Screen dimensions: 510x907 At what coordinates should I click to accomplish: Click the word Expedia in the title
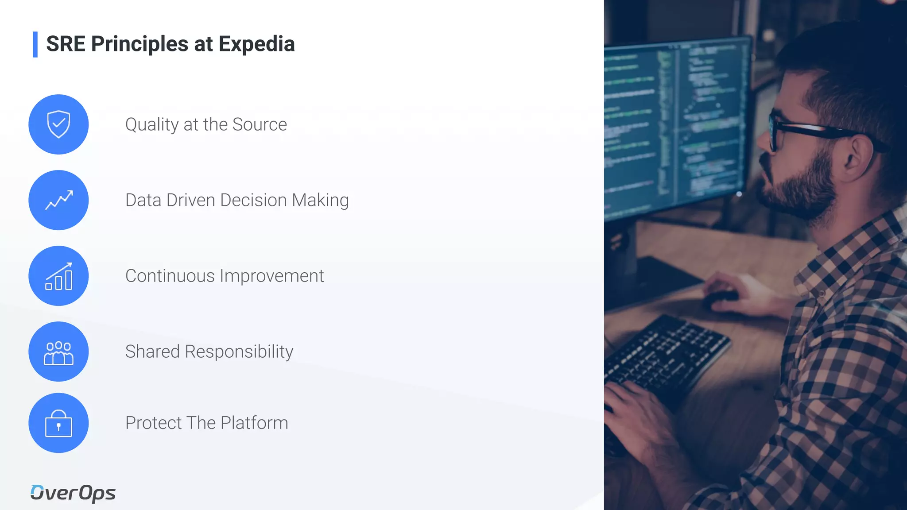256,44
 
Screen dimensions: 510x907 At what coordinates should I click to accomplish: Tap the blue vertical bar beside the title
35,44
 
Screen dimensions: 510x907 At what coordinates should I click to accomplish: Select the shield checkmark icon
58,124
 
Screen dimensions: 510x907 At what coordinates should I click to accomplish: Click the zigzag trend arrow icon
58,200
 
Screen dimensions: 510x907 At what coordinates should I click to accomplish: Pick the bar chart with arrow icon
58,276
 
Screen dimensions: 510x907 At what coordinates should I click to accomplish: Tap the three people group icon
58,352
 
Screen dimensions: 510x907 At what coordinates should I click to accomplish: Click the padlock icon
58,424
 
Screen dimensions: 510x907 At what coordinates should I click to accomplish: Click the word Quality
151,125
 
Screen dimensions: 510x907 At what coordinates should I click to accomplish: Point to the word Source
260,124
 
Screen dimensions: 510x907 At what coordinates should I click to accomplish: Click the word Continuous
170,276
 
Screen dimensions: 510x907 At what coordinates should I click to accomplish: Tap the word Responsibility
239,352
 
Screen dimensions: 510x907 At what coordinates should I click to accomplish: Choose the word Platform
254,423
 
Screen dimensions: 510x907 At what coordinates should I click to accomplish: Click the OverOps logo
73,493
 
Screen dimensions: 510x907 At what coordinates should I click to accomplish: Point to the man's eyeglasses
793,131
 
